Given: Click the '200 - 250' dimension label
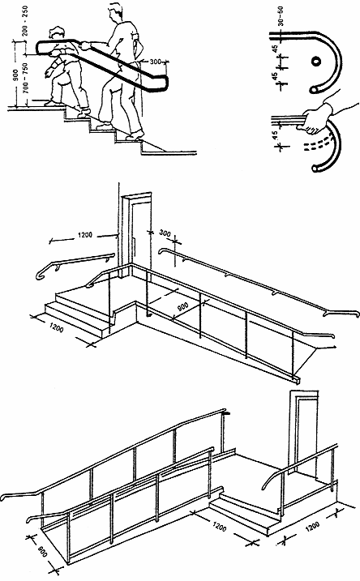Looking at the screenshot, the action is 25,20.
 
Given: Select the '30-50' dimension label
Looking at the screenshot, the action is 281,15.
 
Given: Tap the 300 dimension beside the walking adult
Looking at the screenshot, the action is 156,61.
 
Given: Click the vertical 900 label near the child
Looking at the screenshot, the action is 15,76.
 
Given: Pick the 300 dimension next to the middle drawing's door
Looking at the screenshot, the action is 165,233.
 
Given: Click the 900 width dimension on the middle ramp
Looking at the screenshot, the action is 182,307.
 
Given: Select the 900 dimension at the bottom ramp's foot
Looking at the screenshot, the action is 43,552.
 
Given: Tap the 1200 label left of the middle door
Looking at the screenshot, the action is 85,235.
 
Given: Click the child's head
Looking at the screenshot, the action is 57,32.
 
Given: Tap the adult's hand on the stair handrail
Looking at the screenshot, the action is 85,45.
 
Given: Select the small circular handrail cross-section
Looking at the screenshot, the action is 316,61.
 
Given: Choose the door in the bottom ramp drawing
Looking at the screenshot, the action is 306,433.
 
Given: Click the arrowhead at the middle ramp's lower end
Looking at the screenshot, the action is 334,347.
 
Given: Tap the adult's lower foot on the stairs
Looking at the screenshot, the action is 135,135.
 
